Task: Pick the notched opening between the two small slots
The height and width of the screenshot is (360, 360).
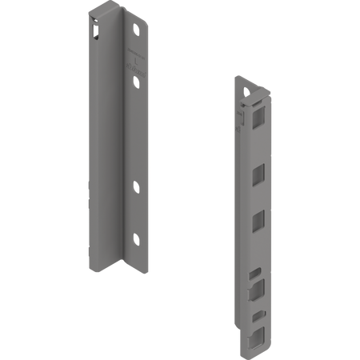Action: click(255, 287)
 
